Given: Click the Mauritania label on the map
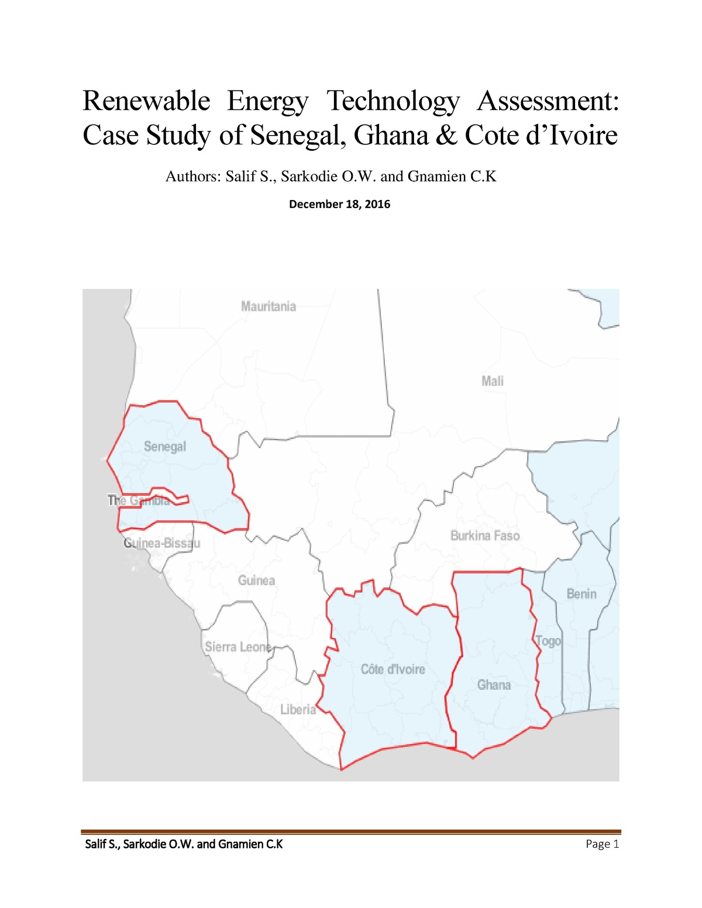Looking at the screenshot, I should pyautogui.click(x=269, y=306).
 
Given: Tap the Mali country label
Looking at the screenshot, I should pyautogui.click(x=493, y=381).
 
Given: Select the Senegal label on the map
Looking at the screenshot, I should pyautogui.click(x=165, y=447).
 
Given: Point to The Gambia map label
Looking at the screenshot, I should pyautogui.click(x=139, y=500).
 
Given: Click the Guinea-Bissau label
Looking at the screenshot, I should pyautogui.click(x=162, y=543).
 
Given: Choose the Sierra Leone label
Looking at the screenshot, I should pyautogui.click(x=238, y=647).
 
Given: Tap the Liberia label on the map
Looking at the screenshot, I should pyautogui.click(x=298, y=710).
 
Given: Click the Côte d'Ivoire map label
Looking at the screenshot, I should pyautogui.click(x=393, y=669).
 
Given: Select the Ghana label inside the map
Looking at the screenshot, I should pyautogui.click(x=494, y=685).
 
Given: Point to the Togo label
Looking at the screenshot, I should pyautogui.click(x=548, y=641).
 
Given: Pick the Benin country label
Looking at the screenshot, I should pyautogui.click(x=581, y=594).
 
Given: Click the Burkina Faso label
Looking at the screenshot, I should pyautogui.click(x=485, y=536).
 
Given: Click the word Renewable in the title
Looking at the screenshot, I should pyautogui.click(x=146, y=101).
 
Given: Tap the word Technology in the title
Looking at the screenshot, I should pyautogui.click(x=393, y=101).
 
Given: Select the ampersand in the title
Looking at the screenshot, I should pyautogui.click(x=446, y=136).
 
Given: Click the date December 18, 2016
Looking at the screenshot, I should pyautogui.click(x=339, y=204).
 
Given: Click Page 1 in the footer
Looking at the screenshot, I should pyautogui.click(x=602, y=844).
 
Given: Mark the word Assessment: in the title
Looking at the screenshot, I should pyautogui.click(x=548, y=101).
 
